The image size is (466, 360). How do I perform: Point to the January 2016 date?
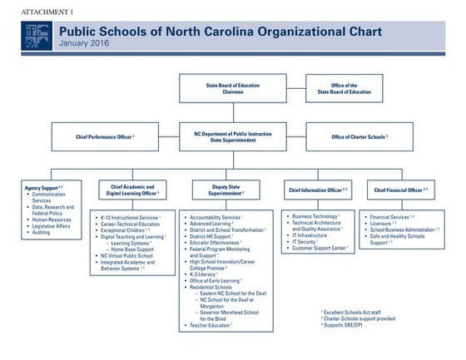click(x=82, y=43)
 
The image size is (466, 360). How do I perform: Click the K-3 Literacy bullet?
click(x=205, y=274)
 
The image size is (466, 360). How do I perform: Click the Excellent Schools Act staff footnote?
click(x=352, y=312)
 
